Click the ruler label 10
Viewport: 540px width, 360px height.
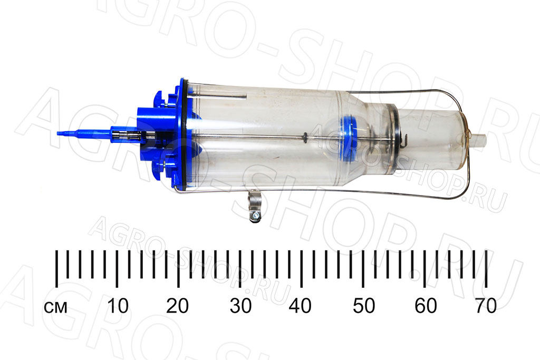tap(118, 306)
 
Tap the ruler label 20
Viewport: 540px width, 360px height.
tap(177, 306)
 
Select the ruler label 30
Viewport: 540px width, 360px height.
tap(240, 306)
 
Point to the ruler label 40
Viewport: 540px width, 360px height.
tap(300, 306)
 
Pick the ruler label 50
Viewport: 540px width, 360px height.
tap(364, 306)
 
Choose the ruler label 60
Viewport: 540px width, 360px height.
tap(426, 306)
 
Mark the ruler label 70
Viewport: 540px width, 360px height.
tap(486, 306)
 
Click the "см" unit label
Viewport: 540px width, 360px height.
tap(55, 307)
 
